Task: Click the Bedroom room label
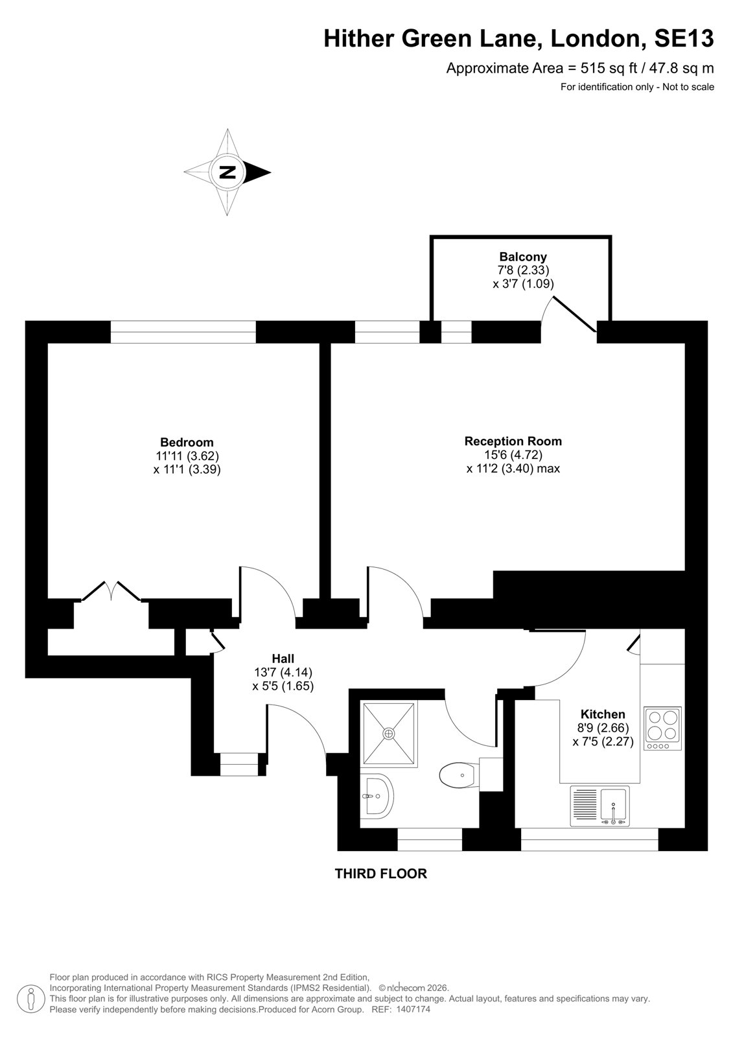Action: coord(187,441)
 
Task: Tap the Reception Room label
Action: coord(513,441)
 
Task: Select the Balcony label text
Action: coord(523,257)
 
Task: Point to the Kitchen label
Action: coord(603,714)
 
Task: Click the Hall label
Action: coord(283,658)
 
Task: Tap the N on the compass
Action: coord(227,172)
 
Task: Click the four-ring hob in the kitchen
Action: coord(662,728)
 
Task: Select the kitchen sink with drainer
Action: coord(599,806)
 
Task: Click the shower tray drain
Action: coord(388,734)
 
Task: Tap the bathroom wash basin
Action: coord(377,797)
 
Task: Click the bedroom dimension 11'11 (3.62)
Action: coord(187,456)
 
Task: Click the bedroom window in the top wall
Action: coord(183,332)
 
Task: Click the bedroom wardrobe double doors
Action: coord(111,590)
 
